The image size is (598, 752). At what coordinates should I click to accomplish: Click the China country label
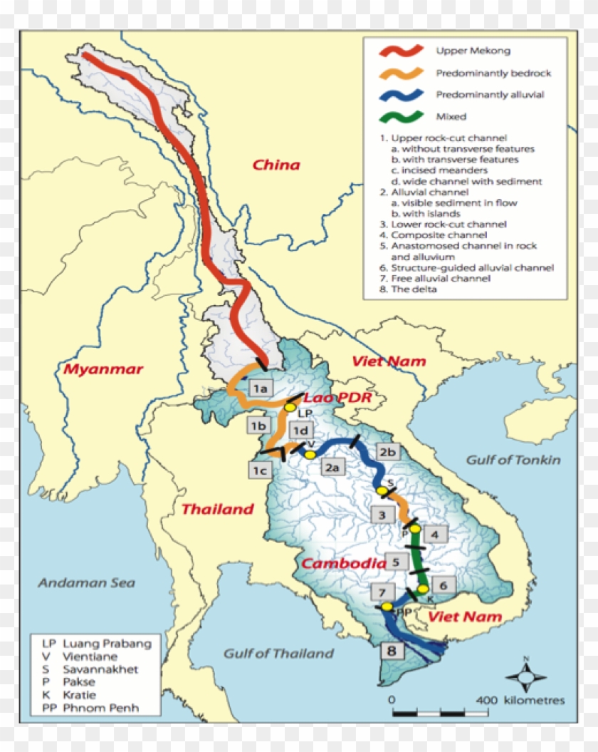pos(276,165)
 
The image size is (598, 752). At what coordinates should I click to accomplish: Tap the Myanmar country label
pos(103,369)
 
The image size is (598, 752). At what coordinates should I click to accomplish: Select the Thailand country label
pos(217,509)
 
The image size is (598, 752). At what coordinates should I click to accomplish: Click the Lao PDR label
pos(337,397)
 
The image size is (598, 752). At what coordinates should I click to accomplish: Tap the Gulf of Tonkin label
pos(513,460)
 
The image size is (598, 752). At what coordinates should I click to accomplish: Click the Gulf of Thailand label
pos(278,653)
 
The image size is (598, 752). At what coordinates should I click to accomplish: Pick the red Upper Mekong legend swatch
pos(401,51)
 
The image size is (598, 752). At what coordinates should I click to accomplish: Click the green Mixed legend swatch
pos(401,115)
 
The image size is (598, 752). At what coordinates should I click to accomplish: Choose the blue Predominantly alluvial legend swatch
pos(401,94)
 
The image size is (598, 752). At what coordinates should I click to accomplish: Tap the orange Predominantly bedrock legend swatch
pos(401,73)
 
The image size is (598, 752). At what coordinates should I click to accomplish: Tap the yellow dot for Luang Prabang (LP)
pos(290,407)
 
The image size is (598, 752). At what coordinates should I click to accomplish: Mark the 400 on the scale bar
pos(486,700)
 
